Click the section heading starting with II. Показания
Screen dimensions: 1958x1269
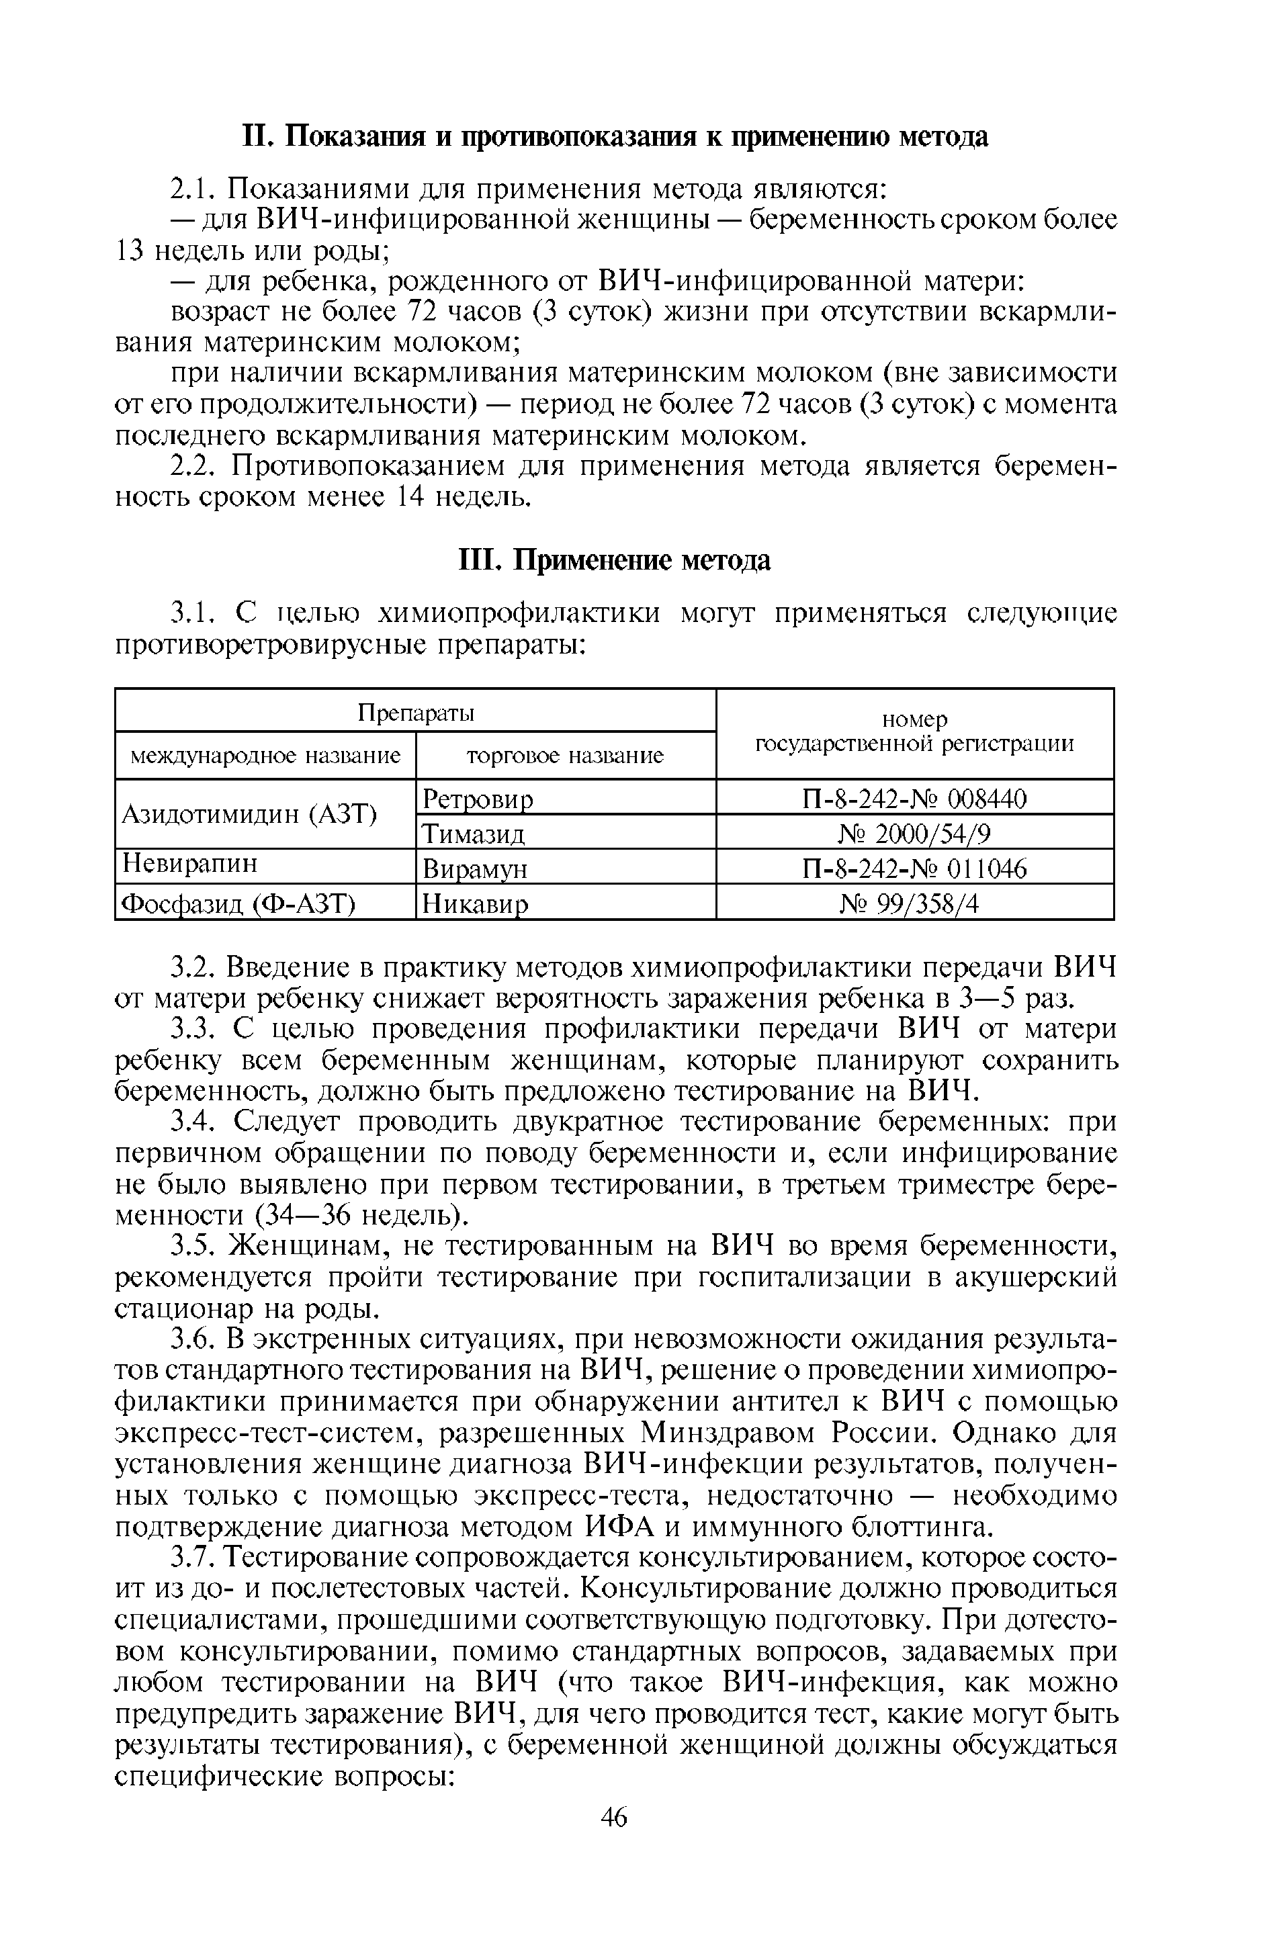point(614,136)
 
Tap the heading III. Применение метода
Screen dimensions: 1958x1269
point(614,560)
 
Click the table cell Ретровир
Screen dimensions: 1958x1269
point(478,798)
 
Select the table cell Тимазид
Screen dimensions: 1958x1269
point(473,834)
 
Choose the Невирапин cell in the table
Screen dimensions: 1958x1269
point(190,863)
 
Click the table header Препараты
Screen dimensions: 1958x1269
point(416,711)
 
